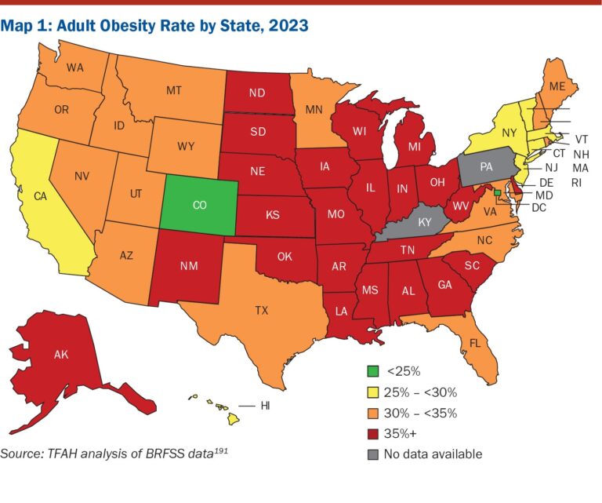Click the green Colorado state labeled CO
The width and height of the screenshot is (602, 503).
[199, 205]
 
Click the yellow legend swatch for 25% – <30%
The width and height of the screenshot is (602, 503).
[374, 392]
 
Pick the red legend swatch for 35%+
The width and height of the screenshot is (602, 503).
[374, 433]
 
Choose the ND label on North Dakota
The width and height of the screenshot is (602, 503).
[256, 92]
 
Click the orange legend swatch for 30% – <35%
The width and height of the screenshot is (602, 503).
[374, 413]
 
